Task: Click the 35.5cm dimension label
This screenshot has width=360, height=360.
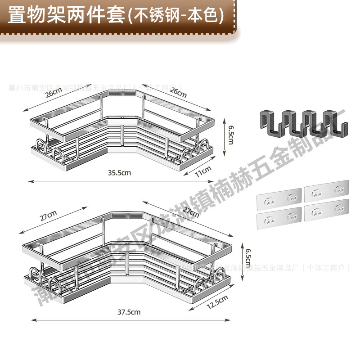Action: click(x=119, y=173)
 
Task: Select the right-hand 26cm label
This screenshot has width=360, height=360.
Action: click(x=178, y=93)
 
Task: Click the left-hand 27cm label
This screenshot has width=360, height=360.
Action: click(x=48, y=217)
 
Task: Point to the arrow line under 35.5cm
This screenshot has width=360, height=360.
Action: click(x=119, y=181)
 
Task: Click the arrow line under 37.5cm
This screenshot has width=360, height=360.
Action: click(x=130, y=320)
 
